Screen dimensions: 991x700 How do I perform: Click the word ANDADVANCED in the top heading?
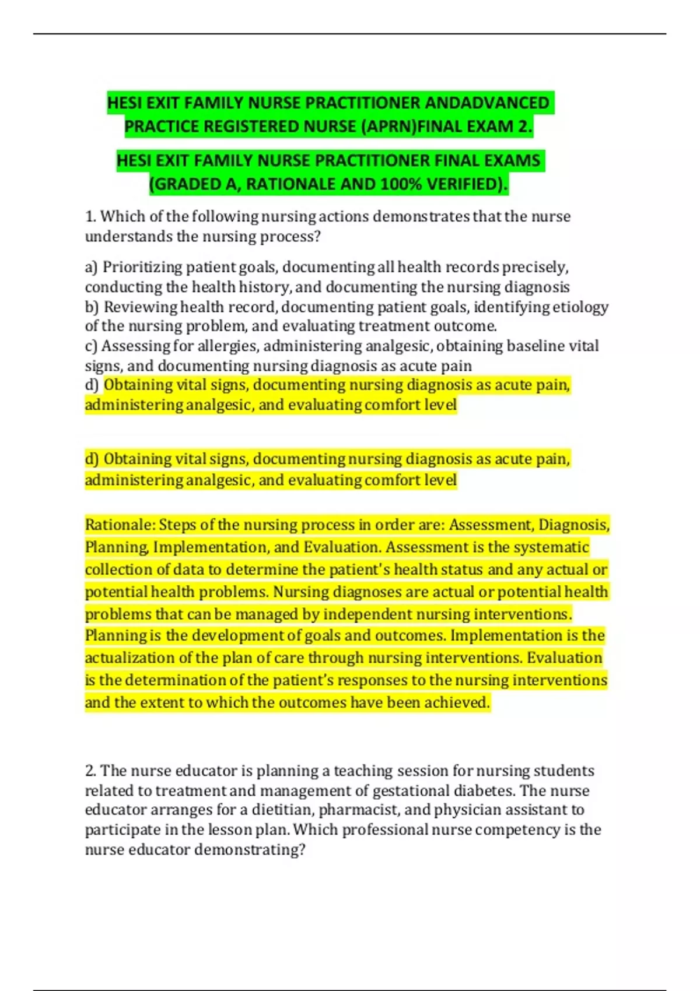(487, 103)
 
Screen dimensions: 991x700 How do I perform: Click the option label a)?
(92, 267)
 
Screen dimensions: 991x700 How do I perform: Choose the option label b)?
(92, 307)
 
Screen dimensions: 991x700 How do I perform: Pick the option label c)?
(92, 346)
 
